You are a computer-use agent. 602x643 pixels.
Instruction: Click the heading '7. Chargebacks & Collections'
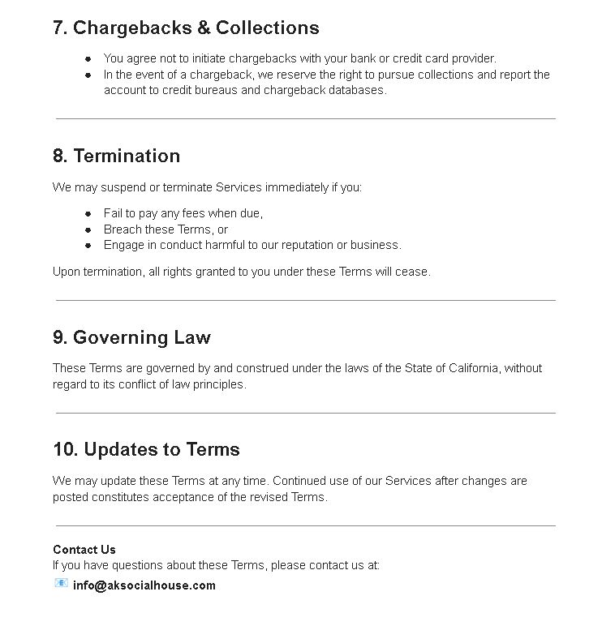186,28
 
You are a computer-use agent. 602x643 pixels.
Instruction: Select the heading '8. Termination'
116,156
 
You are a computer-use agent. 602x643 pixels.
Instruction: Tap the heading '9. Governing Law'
131,337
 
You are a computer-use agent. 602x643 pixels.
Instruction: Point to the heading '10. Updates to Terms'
146,449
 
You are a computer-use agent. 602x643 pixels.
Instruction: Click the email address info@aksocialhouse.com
144,585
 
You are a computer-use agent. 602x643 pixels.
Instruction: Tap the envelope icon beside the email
61,583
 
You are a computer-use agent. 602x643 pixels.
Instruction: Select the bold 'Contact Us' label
84,550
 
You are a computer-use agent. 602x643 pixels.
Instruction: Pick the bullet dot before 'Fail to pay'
88,214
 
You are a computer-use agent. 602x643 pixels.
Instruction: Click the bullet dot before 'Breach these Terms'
88,229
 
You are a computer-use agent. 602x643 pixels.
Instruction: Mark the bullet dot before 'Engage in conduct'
88,245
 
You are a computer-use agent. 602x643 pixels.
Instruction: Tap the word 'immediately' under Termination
296,187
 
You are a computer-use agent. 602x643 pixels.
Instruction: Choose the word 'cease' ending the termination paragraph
412,272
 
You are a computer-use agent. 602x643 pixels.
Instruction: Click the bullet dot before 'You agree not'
88,58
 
